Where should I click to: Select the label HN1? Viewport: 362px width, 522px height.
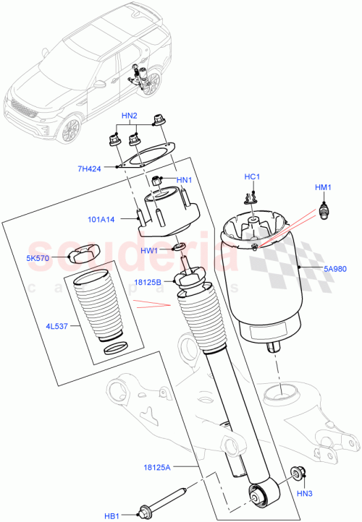pyautogui.click(x=184, y=180)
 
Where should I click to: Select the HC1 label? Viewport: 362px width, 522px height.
pyautogui.click(x=251, y=176)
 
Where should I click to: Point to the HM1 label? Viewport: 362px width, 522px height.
pyautogui.click(x=322, y=188)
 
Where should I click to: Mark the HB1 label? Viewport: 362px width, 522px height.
pyautogui.click(x=111, y=516)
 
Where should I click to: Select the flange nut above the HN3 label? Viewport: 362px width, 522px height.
pyautogui.click(x=298, y=474)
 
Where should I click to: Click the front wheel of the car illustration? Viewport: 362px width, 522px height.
pyautogui.click(x=70, y=131)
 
